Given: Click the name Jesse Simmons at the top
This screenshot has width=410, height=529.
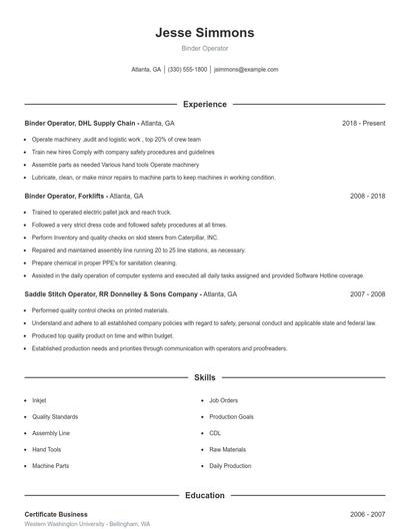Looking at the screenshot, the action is (x=205, y=32).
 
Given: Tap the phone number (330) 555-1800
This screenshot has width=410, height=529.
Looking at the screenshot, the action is (x=187, y=70).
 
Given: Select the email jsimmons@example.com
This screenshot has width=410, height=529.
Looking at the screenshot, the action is (x=246, y=70).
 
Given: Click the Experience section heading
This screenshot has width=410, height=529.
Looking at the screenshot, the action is (x=205, y=104).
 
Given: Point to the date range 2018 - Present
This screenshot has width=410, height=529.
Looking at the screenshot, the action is (x=363, y=123).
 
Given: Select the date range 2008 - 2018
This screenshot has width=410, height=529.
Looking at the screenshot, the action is (x=367, y=197).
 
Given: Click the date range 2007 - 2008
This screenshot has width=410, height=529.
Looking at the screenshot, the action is (x=367, y=294).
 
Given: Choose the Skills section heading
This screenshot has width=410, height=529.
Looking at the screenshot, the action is (x=205, y=378).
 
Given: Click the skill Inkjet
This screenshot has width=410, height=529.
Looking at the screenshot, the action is (x=39, y=400).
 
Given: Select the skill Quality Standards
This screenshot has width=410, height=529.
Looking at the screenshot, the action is (x=54, y=416).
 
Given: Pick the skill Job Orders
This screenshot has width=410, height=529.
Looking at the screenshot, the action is (x=224, y=400).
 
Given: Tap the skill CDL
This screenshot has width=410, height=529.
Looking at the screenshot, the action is (x=215, y=433).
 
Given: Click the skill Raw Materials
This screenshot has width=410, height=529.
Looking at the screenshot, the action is (x=227, y=449).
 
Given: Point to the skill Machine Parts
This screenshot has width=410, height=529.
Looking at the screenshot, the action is (x=50, y=466).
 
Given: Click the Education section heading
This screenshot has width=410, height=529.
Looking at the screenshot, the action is (x=205, y=495).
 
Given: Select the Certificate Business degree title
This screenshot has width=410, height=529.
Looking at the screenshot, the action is (x=56, y=514).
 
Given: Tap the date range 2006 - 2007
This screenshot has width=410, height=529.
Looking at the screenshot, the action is (x=367, y=514).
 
